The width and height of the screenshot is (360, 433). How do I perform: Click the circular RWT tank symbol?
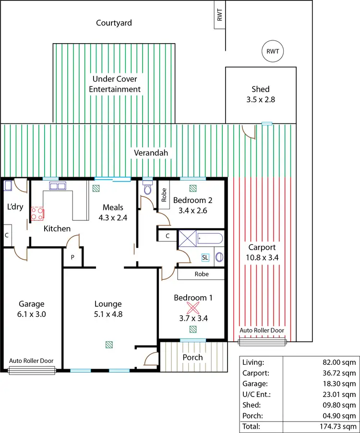pyautogui.click(x=273, y=51)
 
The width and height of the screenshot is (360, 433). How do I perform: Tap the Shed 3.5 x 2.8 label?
pyautogui.click(x=260, y=95)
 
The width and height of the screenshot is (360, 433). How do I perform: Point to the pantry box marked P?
pyautogui.click(x=73, y=257)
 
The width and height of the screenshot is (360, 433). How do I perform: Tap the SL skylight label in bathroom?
pyautogui.click(x=205, y=257)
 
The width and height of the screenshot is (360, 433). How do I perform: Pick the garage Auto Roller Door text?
pyautogui.click(x=32, y=361)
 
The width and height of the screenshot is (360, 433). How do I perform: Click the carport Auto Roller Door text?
pyautogui.click(x=262, y=330)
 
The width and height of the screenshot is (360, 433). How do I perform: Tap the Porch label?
pyautogui.click(x=192, y=357)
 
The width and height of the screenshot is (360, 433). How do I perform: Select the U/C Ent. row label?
pyautogui.click(x=257, y=394)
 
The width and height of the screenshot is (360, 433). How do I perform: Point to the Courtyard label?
pyautogui.click(x=114, y=23)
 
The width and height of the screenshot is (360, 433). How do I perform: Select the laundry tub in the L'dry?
pyautogui.click(x=8, y=186)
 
